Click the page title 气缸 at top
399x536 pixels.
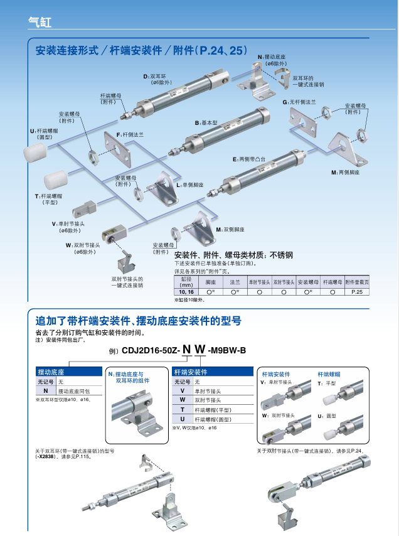pos(40,21)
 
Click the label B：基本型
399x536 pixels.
pos(206,123)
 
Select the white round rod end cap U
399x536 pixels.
pos(35,153)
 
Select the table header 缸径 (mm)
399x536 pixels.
pos(186,281)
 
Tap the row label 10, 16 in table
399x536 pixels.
pos(186,292)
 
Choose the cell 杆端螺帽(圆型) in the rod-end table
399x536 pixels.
pos(212,419)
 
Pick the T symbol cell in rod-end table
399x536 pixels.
pos(182,409)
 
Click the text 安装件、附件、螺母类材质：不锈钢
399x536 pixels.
pos(233,255)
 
